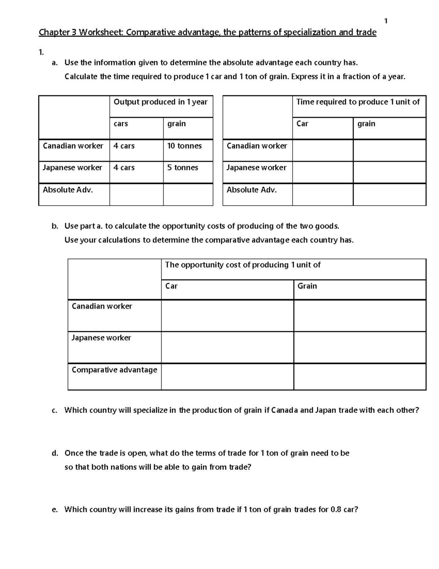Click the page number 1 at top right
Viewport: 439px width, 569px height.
tap(386, 21)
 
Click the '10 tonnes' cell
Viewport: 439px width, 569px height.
tap(184, 146)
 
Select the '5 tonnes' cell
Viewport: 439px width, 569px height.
tap(183, 168)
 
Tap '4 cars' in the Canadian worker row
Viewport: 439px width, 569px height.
tap(124, 146)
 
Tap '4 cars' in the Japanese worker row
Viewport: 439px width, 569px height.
tap(124, 168)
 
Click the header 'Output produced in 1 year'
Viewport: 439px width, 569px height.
tap(161, 102)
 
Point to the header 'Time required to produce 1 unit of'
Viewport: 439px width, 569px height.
tap(358, 102)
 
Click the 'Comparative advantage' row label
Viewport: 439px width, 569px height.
tap(114, 370)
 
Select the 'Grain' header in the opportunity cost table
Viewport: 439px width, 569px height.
tap(307, 286)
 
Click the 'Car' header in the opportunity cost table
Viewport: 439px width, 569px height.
tap(171, 286)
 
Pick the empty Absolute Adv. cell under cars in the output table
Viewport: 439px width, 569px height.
tap(136, 195)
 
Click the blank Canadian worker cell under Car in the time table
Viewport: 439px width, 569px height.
tap(323, 151)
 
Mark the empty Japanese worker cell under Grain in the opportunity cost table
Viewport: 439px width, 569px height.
tap(360, 347)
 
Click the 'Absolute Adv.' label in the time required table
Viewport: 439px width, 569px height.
tap(252, 190)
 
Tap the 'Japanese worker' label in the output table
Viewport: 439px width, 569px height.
tap(72, 168)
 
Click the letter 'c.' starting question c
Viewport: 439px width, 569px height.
tap(55, 410)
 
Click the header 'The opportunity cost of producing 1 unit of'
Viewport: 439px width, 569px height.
tap(243, 265)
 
